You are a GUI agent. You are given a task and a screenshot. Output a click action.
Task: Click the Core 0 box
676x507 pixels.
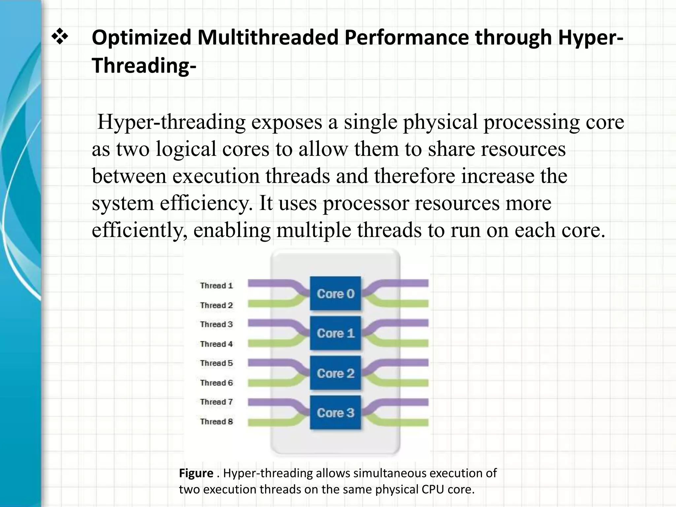pos(335,293)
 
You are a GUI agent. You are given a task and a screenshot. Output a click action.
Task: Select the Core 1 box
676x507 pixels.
pos(335,333)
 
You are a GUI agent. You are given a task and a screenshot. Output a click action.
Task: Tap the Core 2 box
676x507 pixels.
pos(335,373)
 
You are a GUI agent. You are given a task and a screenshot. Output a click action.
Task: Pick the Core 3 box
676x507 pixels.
pos(335,413)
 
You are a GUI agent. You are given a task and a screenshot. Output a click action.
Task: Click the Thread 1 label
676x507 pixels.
pos(216,286)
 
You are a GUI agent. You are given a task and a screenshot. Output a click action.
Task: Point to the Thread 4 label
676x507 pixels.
pos(216,344)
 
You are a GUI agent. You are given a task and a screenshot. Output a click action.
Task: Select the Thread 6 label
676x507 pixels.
pos(216,383)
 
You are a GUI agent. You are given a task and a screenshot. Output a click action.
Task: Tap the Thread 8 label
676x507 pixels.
pos(216,422)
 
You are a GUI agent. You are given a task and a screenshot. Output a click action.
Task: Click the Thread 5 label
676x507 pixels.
pos(216,363)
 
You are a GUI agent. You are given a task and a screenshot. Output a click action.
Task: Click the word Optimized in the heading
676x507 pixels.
pos(142,38)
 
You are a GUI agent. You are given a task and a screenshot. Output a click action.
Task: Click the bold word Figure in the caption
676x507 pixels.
pos(196,473)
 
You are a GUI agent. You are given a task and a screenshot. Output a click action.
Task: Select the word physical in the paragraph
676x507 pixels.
pos(440,122)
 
